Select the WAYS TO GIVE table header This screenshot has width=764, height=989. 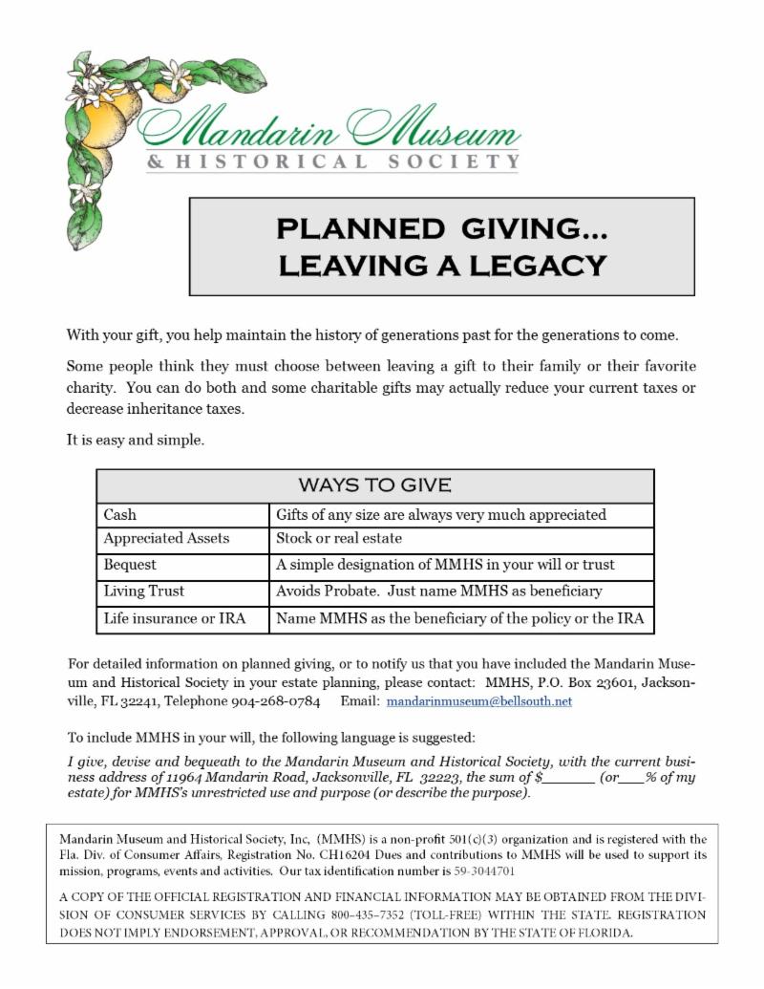click(x=374, y=485)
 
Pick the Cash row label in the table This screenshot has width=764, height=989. click(x=120, y=515)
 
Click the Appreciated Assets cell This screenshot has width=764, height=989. click(x=166, y=538)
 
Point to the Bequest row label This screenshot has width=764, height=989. click(x=130, y=565)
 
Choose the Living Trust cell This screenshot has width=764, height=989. click(x=143, y=591)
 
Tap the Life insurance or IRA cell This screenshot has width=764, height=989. click(x=174, y=618)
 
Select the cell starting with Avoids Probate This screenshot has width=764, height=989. click(x=438, y=591)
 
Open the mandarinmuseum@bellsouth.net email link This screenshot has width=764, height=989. click(x=478, y=701)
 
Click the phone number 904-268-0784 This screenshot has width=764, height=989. click(x=275, y=701)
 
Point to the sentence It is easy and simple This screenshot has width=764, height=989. click(x=135, y=441)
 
